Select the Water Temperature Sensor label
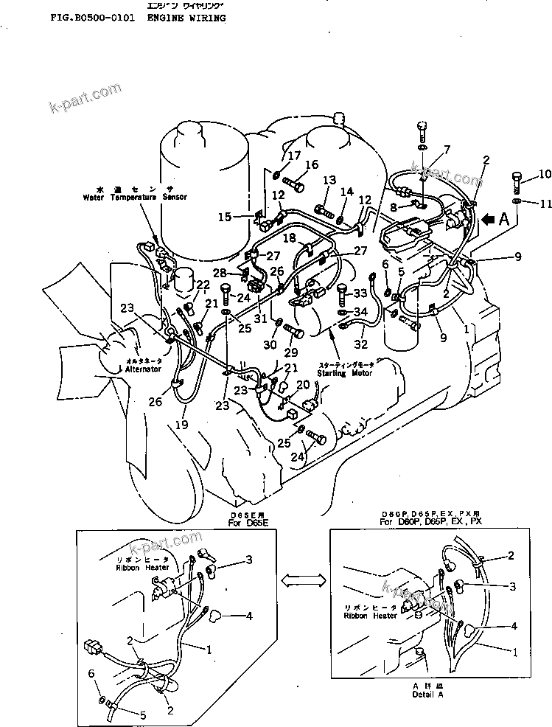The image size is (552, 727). point(135,198)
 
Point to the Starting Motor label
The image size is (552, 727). point(344,373)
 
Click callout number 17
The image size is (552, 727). point(294,156)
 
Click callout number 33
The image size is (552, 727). point(359,293)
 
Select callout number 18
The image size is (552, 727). point(290,240)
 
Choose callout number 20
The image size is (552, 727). point(303,385)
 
